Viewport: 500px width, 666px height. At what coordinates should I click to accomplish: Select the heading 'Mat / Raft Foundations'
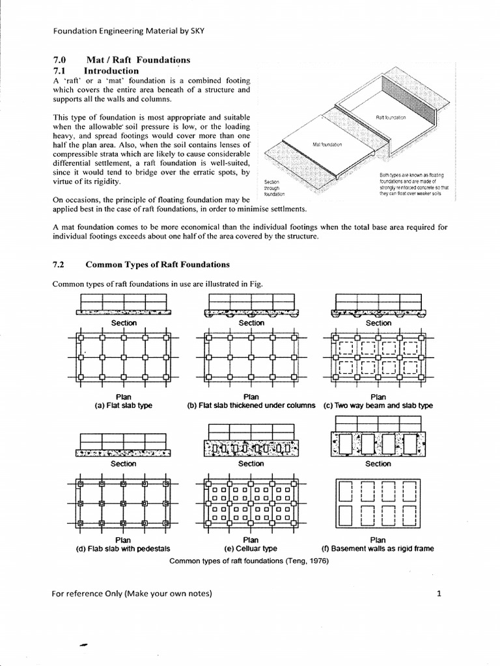pyautogui.click(x=143, y=60)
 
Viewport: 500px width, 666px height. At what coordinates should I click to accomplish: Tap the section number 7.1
pyautogui.click(x=59, y=70)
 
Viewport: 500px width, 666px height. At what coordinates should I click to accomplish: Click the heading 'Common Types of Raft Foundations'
pyautogui.click(x=158, y=265)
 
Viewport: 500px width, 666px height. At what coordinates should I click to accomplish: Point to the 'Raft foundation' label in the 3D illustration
pyautogui.click(x=391, y=118)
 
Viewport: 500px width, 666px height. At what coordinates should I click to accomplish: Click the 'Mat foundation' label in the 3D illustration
pyautogui.click(x=327, y=145)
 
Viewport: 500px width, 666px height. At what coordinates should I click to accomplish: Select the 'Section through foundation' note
pyautogui.click(x=272, y=188)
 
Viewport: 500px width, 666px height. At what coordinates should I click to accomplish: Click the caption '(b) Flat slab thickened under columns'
pyautogui.click(x=251, y=406)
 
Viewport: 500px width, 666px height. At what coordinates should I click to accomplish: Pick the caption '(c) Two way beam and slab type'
pyautogui.click(x=378, y=406)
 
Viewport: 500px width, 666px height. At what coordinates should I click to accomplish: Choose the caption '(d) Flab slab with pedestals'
pyautogui.click(x=124, y=548)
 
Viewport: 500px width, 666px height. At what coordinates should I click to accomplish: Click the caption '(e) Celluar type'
pyautogui.click(x=251, y=548)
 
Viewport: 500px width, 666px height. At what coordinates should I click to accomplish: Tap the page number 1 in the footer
pyautogui.click(x=439, y=593)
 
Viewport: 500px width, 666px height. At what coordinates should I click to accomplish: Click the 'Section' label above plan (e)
pyautogui.click(x=251, y=464)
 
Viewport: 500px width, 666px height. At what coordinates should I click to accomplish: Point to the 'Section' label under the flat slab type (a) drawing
pyautogui.click(x=124, y=323)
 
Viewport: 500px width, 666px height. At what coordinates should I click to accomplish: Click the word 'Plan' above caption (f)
pyautogui.click(x=378, y=539)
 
